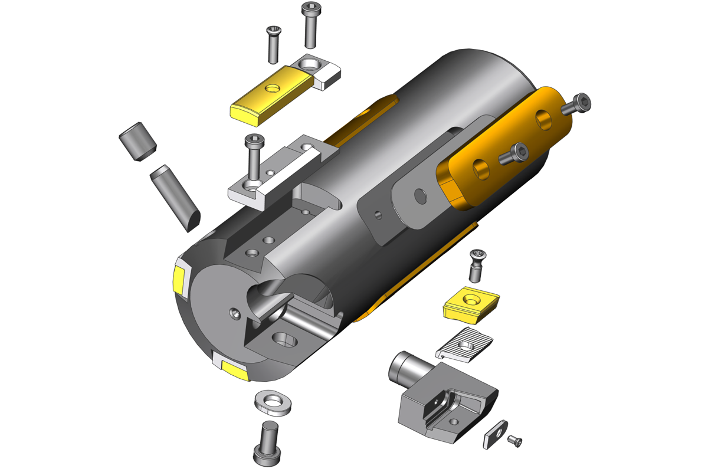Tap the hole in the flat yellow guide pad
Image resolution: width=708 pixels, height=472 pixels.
coord(272,88)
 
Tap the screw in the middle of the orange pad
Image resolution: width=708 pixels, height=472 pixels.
coord(513,155)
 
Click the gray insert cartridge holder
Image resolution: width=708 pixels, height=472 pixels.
coord(448,401)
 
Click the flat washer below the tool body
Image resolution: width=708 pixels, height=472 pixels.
coord(273,402)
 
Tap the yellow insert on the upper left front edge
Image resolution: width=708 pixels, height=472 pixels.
coord(179,281)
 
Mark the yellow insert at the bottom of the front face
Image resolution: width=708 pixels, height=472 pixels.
coord(233,369)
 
